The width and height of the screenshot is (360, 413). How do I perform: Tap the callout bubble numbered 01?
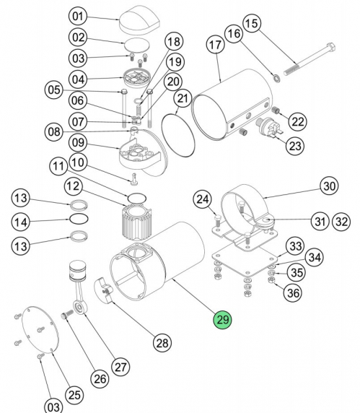[x=77, y=15]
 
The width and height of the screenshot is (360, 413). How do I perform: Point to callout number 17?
[x=215, y=45]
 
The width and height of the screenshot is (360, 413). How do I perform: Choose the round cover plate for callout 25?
[x=40, y=331]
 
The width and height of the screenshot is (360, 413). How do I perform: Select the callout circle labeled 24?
[x=203, y=199]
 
